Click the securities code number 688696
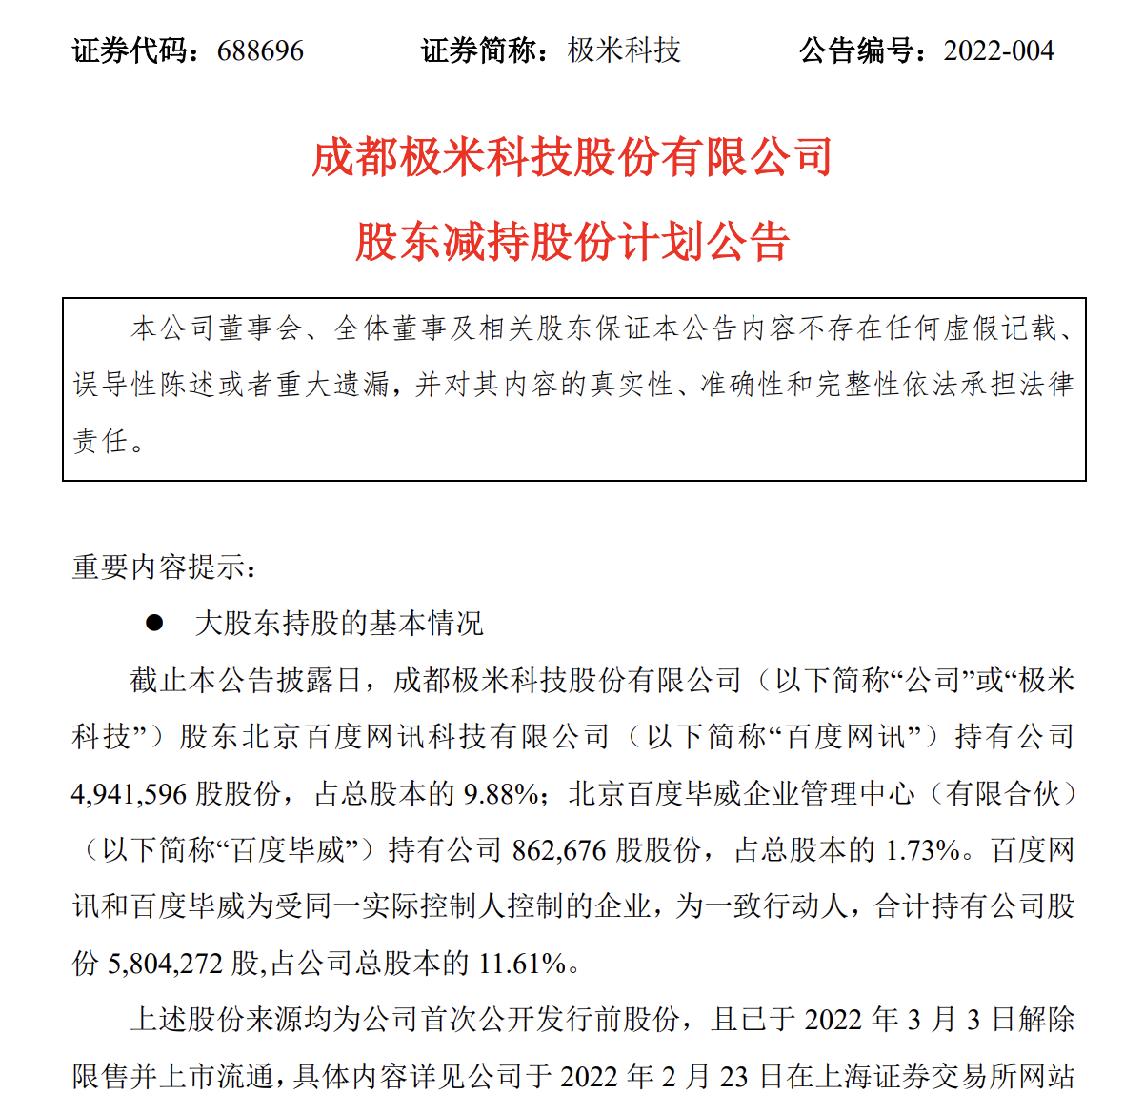coord(260,50)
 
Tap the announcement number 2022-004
coord(998,50)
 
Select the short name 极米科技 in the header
coord(624,50)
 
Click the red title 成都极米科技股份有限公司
coord(572,158)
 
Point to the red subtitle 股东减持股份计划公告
coord(572,242)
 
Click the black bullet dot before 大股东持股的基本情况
coord(153,624)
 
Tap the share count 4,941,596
coord(130,793)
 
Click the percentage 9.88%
coord(501,793)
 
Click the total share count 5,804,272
coord(166,964)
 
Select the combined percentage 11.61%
coord(522,964)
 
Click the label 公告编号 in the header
coord(855,50)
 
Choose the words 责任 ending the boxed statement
coord(100,441)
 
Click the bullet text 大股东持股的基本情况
coord(339,624)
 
